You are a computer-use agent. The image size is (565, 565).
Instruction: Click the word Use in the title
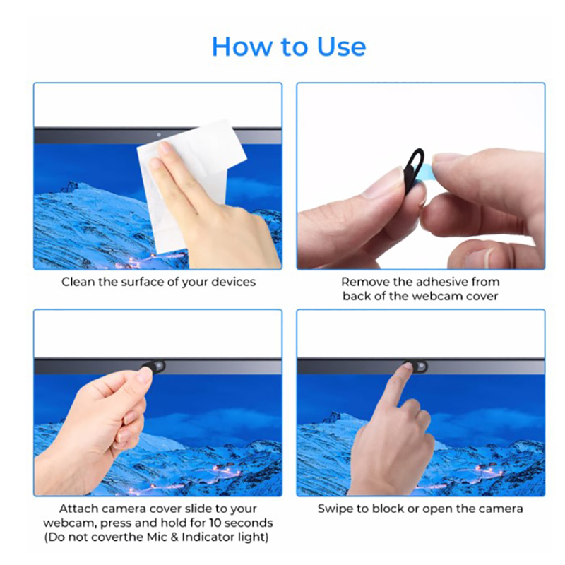[x=341, y=47]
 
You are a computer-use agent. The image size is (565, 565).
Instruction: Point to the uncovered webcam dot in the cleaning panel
[x=159, y=135]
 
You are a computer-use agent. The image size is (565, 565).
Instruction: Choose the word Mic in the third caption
[x=157, y=537]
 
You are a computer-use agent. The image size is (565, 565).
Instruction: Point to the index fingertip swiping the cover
[x=408, y=366]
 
